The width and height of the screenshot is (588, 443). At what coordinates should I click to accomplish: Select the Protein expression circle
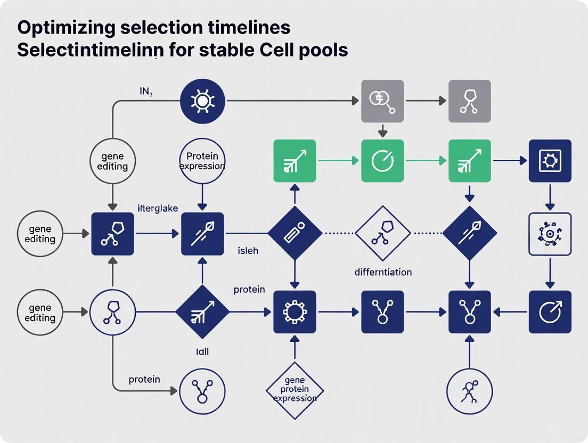[202, 161]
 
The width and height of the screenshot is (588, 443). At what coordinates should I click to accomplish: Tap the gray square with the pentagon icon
[469, 101]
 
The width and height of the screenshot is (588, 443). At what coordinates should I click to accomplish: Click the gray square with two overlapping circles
[382, 101]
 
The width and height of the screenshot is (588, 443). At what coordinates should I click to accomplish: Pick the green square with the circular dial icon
[382, 161]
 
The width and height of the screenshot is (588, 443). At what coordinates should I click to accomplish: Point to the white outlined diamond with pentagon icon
[382, 233]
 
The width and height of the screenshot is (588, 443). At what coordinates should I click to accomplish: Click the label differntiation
[382, 272]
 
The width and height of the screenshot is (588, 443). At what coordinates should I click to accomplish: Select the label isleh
[248, 250]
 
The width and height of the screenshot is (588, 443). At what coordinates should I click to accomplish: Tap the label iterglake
[158, 209]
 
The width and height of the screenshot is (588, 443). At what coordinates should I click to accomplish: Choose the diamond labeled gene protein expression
[295, 389]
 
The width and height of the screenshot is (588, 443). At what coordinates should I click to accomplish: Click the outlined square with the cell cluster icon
[550, 234]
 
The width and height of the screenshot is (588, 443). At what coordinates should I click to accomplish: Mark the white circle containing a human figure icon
[469, 392]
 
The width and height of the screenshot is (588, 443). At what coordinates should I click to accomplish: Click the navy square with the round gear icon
[295, 311]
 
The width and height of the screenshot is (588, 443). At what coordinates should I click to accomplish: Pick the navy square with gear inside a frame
[550, 161]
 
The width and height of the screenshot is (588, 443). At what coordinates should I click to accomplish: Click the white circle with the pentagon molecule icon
[112, 311]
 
